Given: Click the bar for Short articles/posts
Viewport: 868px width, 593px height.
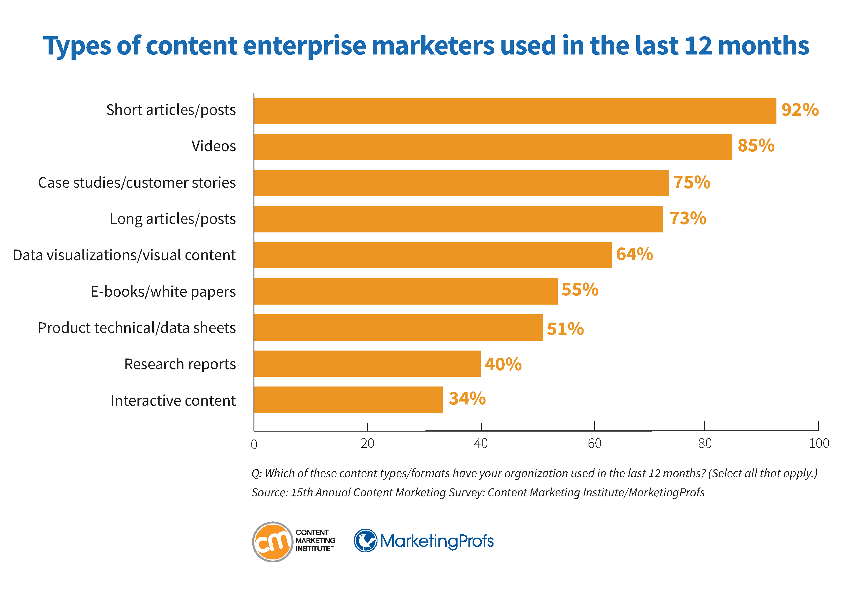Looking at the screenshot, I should [515, 111].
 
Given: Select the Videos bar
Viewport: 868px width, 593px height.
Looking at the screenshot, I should [493, 147].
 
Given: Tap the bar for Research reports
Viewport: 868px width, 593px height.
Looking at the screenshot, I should [367, 364].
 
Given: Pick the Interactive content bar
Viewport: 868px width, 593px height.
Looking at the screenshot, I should [348, 399].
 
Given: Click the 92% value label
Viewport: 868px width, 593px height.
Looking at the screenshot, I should [800, 110].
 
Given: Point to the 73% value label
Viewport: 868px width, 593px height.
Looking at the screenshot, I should [688, 218].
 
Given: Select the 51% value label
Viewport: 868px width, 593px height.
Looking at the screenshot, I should [565, 329].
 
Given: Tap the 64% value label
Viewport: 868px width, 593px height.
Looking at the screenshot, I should [634, 254].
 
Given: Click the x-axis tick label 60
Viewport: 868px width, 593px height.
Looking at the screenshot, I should [594, 444].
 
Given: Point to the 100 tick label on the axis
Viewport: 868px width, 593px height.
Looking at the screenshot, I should [819, 444].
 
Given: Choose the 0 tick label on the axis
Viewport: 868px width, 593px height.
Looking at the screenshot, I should [254, 444].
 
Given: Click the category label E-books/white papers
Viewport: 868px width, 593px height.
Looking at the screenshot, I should [163, 291].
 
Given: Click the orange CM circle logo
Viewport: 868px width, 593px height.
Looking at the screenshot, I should [273, 541].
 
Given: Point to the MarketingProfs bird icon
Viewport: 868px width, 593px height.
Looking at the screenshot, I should [365, 540].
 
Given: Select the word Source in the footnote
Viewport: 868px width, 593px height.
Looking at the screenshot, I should [269, 493].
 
